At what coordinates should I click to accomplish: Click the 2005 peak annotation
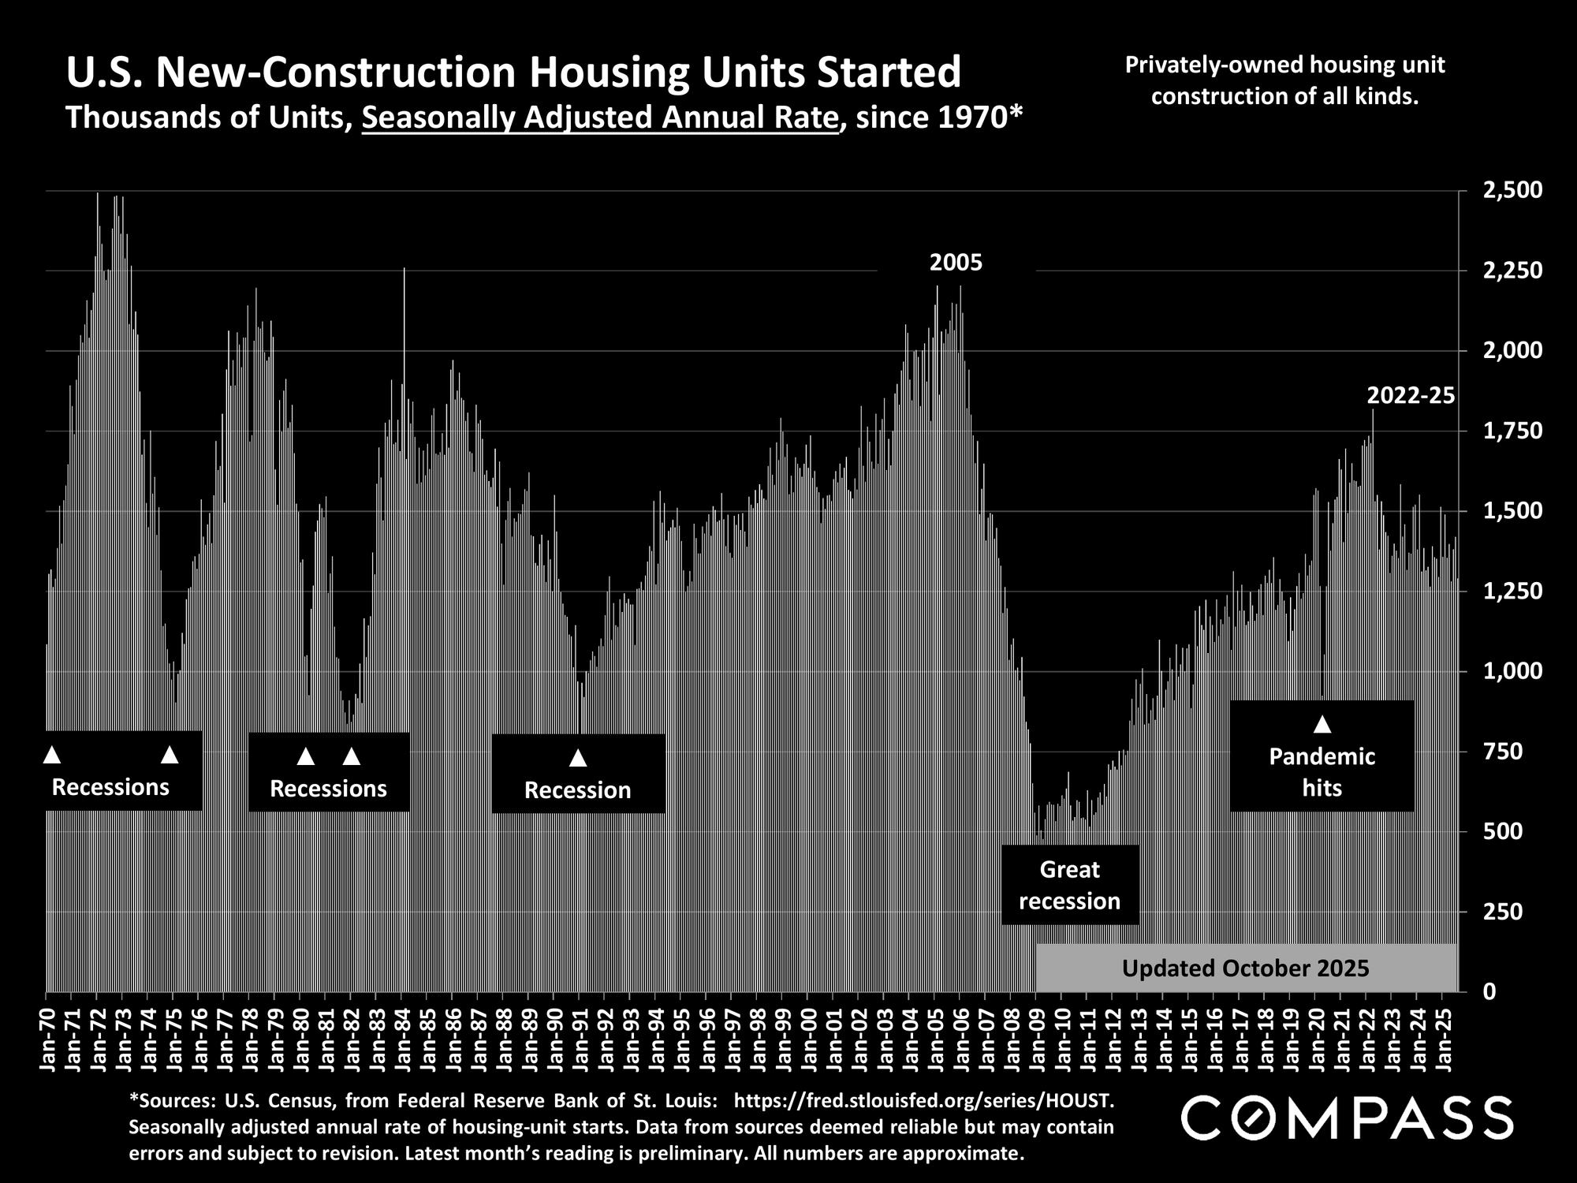(956, 263)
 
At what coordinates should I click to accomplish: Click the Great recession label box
(1069, 885)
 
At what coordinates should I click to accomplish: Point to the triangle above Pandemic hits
(1322, 724)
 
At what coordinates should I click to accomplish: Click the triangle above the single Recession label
(578, 758)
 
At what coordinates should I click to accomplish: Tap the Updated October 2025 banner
(1246, 968)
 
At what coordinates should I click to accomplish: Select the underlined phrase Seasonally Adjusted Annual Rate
(600, 118)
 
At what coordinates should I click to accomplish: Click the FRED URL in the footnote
(924, 1099)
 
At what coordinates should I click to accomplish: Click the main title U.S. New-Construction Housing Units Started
(513, 73)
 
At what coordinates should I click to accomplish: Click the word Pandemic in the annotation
(1322, 757)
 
